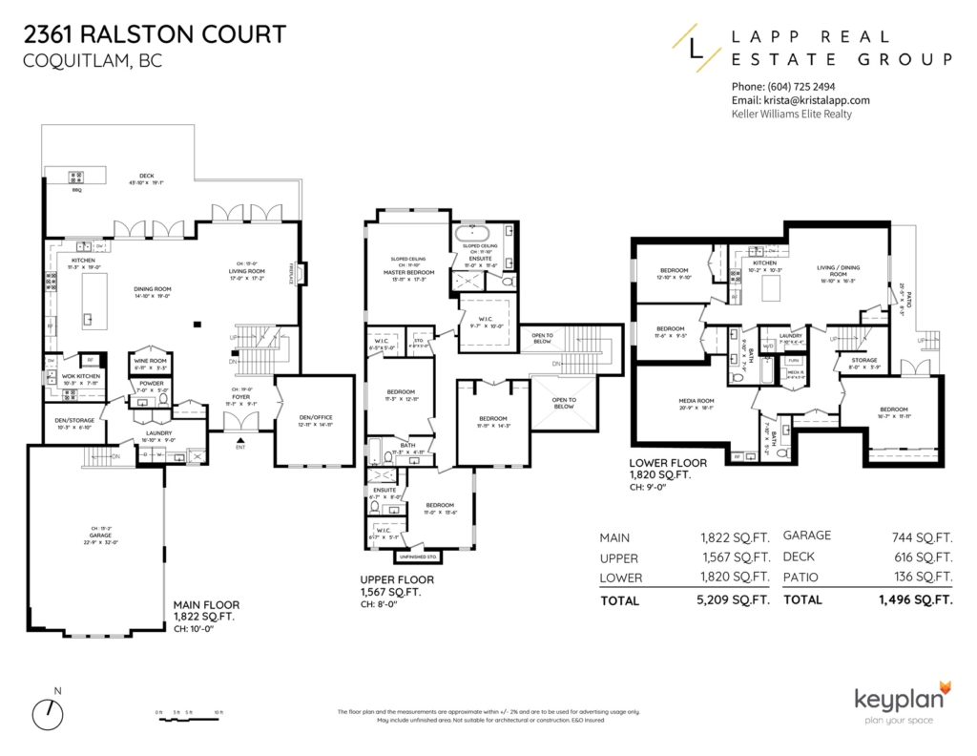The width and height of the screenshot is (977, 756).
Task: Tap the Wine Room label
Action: click(x=150, y=360)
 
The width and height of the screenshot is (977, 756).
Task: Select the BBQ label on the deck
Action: click(x=75, y=191)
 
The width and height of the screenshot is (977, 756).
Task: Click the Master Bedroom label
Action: click(x=408, y=273)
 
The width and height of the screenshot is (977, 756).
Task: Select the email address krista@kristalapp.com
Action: click(x=801, y=100)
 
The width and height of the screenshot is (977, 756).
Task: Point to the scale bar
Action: click(x=188, y=712)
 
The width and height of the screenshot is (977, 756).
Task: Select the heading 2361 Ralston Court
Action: click(x=153, y=35)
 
